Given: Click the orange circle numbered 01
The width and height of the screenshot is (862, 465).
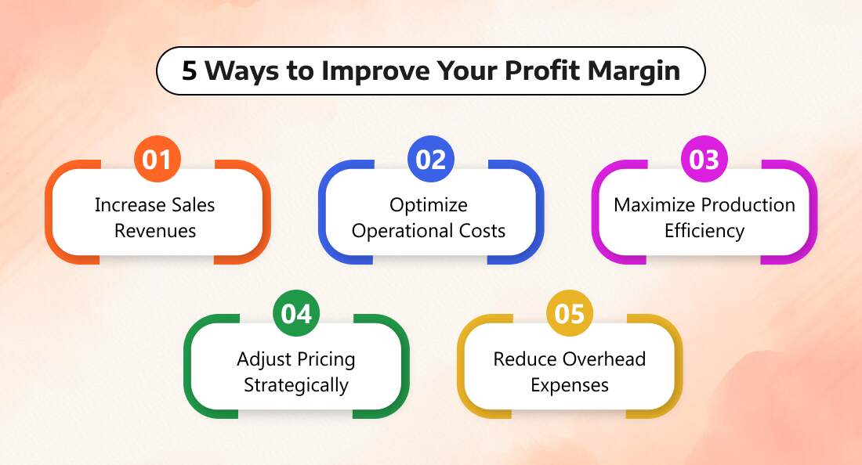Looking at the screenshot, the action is point(158,159).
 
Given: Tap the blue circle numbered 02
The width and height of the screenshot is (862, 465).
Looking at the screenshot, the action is point(430,159).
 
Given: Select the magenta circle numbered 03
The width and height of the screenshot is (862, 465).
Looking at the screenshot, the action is point(704,159).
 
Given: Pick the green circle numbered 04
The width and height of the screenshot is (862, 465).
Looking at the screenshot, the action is point(296,313).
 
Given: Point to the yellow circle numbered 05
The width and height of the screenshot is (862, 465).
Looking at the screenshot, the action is point(570,313).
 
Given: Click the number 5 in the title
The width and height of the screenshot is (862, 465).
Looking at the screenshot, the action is point(189,70).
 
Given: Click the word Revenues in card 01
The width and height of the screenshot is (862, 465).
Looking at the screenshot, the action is point(155,231).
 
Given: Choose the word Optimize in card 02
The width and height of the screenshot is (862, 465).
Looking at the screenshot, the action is point(429,206).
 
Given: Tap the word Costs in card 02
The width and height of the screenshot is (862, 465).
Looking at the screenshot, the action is point(482,231).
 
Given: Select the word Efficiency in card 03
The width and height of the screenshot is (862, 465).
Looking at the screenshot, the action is point(704,232).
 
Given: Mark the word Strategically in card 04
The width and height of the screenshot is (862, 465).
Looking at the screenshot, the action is point(296,386).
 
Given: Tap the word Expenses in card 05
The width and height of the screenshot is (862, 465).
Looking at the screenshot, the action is point(570,386).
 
